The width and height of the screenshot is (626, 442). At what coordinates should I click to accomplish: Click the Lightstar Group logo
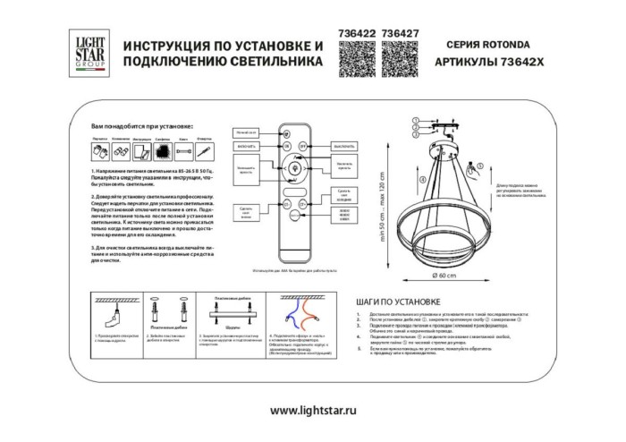pyautogui.click(x=86, y=49)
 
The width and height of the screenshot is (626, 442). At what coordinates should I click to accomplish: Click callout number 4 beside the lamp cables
pyautogui.click(x=415, y=137)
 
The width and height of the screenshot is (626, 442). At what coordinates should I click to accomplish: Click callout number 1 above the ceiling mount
pyautogui.click(x=415, y=118)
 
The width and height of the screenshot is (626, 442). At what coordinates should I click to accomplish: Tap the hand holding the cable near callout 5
pyautogui.click(x=475, y=166)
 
